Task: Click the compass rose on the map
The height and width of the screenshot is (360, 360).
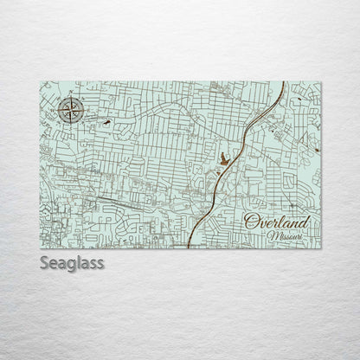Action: (x=72, y=110)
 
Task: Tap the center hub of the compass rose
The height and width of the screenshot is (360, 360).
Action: (x=72, y=110)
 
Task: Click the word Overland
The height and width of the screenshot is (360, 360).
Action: (x=276, y=222)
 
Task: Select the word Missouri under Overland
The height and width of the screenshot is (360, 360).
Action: (x=286, y=235)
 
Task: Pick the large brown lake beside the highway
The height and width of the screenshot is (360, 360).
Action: (x=225, y=158)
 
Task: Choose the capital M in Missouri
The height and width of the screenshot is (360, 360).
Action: (x=272, y=235)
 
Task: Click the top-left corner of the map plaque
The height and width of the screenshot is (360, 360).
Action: (x=40, y=82)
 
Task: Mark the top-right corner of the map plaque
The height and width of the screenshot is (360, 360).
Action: (x=321, y=82)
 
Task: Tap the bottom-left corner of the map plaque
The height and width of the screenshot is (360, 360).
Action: (x=40, y=247)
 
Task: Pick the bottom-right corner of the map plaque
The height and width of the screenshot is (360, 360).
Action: (x=321, y=247)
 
